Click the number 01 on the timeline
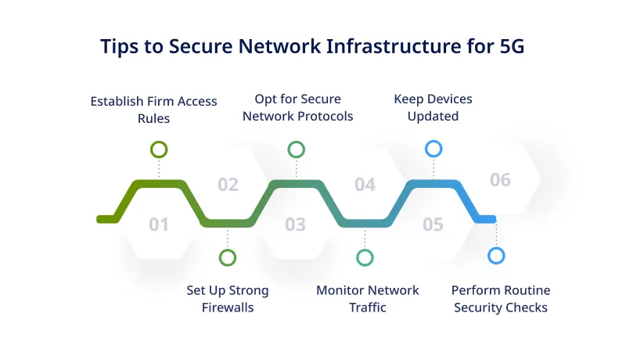(159, 225)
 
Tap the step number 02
(228, 185)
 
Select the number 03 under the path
(295, 225)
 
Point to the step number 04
(365, 185)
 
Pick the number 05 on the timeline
(433, 225)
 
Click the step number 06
(500, 180)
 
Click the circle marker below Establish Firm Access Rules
(159, 149)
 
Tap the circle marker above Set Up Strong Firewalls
(228, 257)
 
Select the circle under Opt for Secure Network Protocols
(296, 149)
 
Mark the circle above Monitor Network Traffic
(365, 257)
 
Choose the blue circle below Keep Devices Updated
(433, 149)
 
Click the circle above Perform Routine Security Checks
(496, 255)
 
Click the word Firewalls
(228, 308)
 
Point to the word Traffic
(368, 308)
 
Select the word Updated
(433, 117)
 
